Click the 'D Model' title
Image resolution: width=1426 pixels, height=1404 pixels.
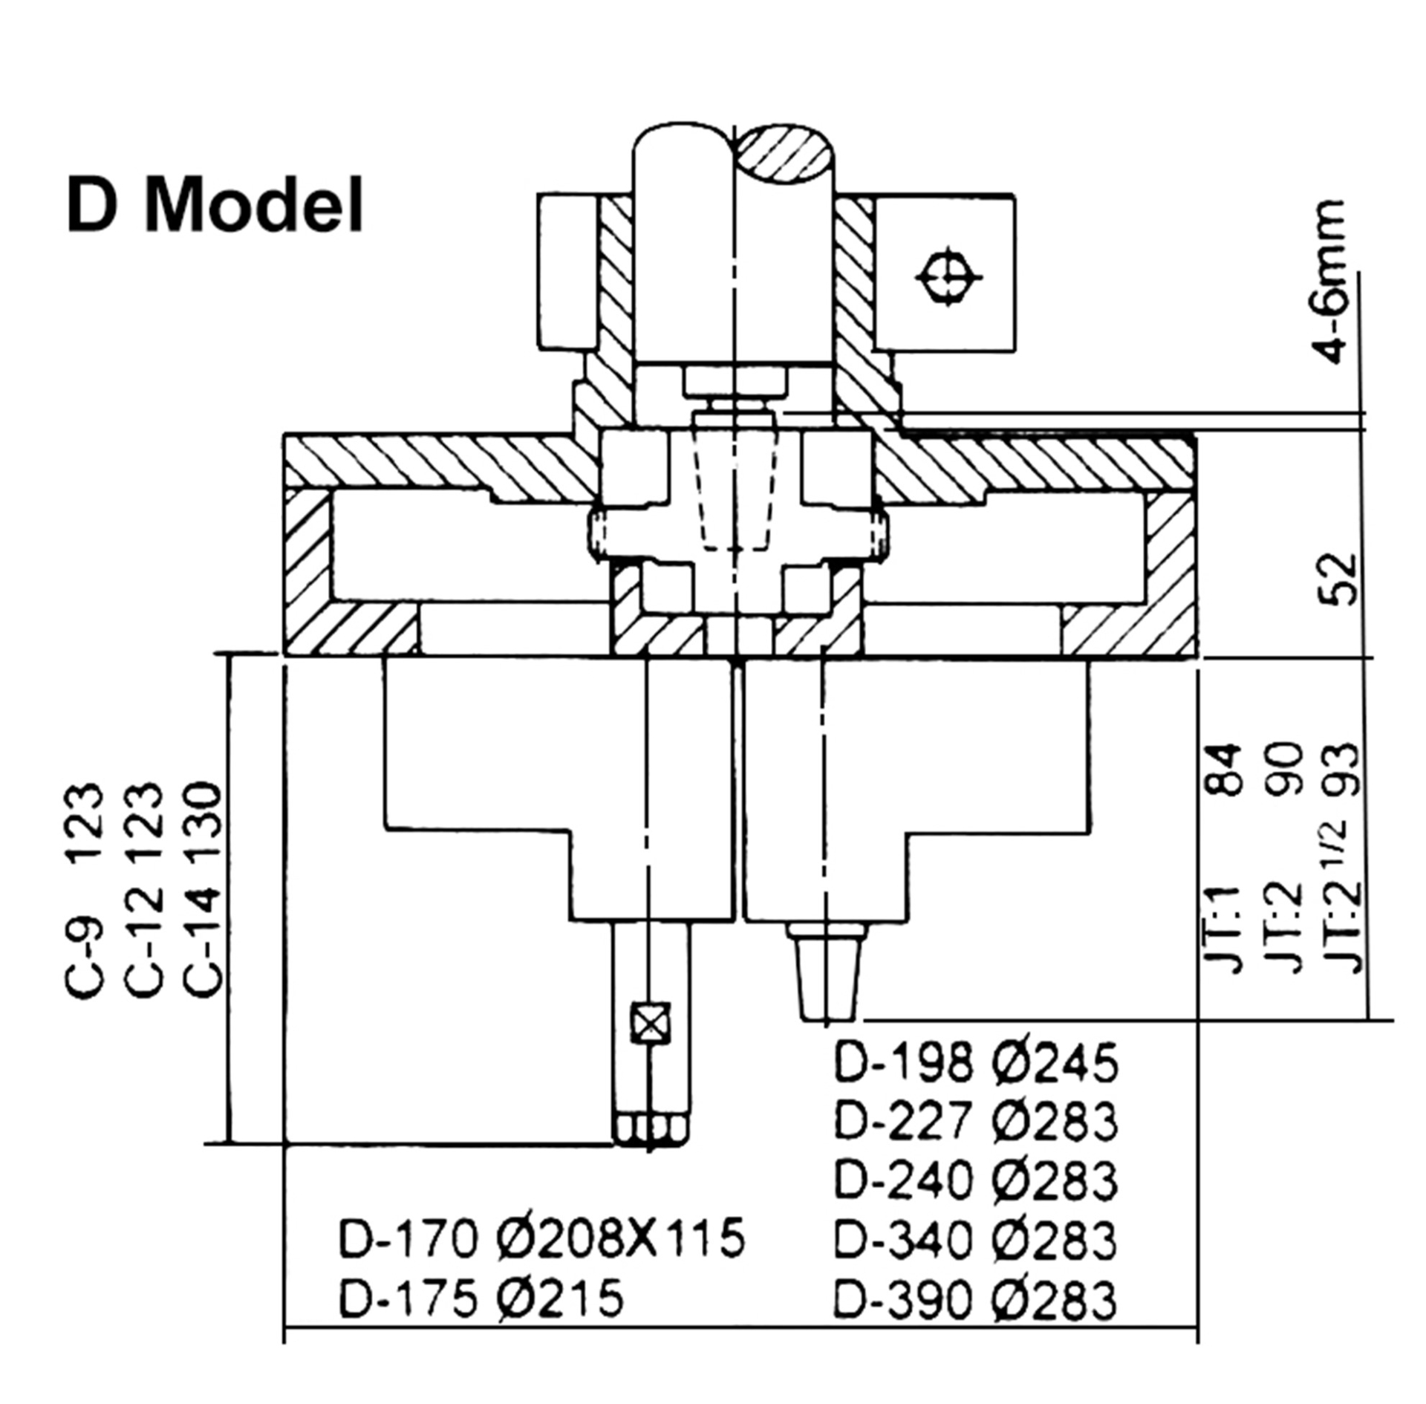tap(215, 205)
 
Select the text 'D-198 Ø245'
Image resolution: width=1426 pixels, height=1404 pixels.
tap(975, 1063)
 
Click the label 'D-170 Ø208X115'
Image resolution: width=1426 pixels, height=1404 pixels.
tap(541, 1239)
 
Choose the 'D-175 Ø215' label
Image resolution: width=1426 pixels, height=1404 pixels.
tap(481, 1299)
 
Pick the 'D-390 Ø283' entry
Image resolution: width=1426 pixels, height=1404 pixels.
tap(975, 1300)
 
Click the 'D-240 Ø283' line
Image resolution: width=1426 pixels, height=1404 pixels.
tap(975, 1180)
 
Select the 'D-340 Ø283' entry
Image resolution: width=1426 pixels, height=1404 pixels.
tap(975, 1240)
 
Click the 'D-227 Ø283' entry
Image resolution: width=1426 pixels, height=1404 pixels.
tap(975, 1121)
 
